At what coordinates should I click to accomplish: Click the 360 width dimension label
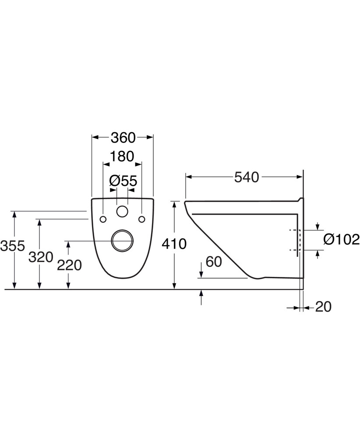pos(123,138)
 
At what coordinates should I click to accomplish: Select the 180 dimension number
pos(122,157)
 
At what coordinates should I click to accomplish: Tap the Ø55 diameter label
pos(123,181)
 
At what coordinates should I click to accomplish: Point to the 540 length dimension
pos(247,177)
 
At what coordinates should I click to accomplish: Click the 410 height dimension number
pos(174,244)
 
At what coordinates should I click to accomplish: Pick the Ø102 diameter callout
pos(341,239)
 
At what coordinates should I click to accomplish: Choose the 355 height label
pos(13,246)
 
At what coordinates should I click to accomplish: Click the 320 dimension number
pos(41,257)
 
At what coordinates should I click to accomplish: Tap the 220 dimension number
pos(69,266)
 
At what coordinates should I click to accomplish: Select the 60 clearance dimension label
pos(214,262)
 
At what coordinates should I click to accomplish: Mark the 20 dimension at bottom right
pos(323,307)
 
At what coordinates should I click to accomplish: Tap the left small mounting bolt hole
pos(103,219)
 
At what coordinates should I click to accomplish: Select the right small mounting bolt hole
pos(141,219)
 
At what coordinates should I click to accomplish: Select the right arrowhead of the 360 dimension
pos(150,137)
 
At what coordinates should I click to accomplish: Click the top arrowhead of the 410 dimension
pos(174,205)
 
